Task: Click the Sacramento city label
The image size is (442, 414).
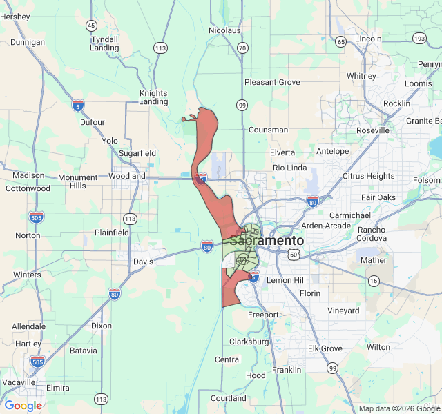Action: (x=267, y=241)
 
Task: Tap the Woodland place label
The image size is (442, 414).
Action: (x=127, y=176)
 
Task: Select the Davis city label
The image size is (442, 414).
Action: (x=144, y=262)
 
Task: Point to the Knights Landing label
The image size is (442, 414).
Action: (x=153, y=97)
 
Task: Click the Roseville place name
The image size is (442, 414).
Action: (x=373, y=130)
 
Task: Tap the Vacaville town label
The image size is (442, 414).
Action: (x=19, y=382)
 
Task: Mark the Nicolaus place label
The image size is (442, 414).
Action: (x=224, y=30)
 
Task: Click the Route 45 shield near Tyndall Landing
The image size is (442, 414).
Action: (x=91, y=26)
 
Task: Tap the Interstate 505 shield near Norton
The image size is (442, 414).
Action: (x=36, y=218)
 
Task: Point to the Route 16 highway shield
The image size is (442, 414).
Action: (x=374, y=281)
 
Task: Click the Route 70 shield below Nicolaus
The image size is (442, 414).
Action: (x=242, y=48)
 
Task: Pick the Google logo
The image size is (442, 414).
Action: (x=23, y=406)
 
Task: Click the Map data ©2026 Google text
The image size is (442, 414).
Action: (x=398, y=409)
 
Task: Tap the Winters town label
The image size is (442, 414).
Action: (x=27, y=275)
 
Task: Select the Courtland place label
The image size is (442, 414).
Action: (x=229, y=398)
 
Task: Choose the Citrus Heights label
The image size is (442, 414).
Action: (x=369, y=176)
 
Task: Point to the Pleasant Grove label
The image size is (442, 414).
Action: (x=272, y=82)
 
